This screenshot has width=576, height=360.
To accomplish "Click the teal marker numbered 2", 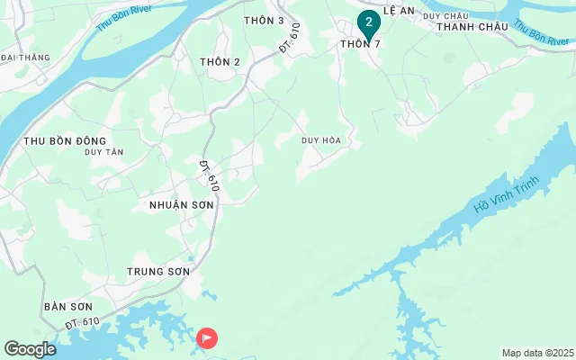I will (368, 22).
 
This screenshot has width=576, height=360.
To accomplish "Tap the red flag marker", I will (207, 338).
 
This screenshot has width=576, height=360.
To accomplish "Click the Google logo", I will (30, 348).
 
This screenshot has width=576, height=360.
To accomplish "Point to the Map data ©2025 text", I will (537, 352).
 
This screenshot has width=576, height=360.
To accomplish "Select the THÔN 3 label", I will (264, 20).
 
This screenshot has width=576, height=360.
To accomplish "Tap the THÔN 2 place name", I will (220, 61).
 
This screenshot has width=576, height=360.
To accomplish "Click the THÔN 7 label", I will (366, 44).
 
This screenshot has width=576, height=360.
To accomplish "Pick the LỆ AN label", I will (400, 11).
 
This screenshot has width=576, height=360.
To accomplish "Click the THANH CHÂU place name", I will (472, 27).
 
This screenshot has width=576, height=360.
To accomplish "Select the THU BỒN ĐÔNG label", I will (65, 140).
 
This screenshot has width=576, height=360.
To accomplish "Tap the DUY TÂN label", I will (103, 152).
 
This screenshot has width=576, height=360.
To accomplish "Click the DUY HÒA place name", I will (321, 140).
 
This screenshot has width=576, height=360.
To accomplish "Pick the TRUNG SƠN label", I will (158, 271).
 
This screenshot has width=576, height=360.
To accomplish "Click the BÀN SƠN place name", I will (67, 307).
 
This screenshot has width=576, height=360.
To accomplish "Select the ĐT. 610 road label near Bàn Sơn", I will (82, 322).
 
